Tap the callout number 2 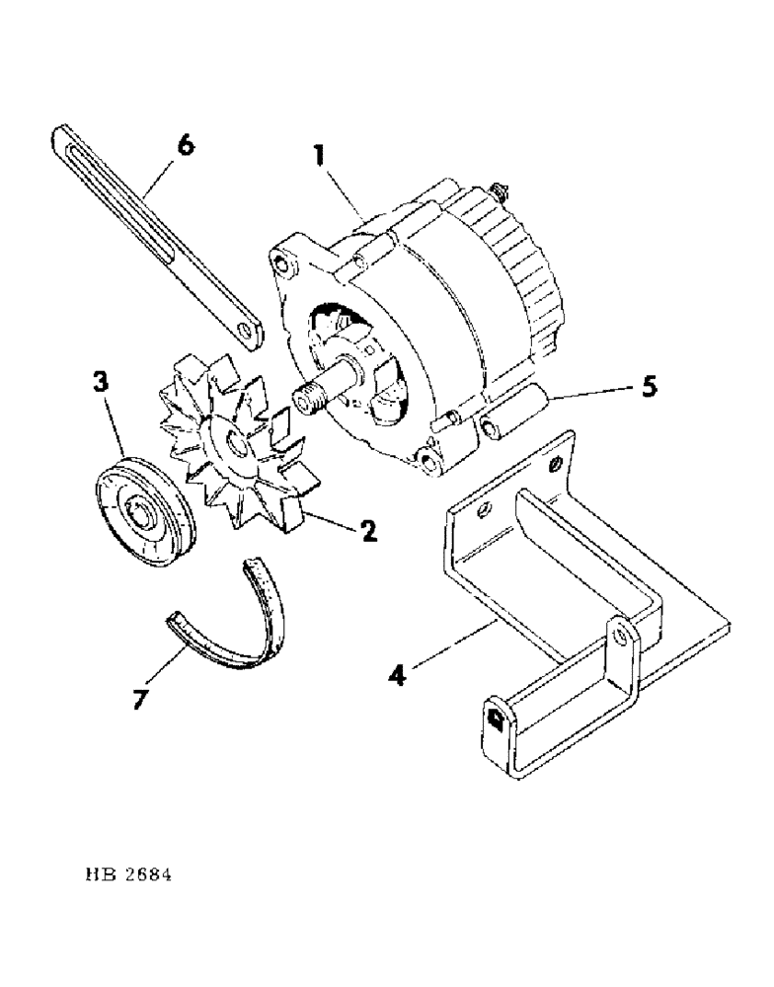pyautogui.click(x=367, y=532)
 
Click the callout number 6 pyautogui.click(x=184, y=147)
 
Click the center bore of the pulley pyautogui.click(x=142, y=513)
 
